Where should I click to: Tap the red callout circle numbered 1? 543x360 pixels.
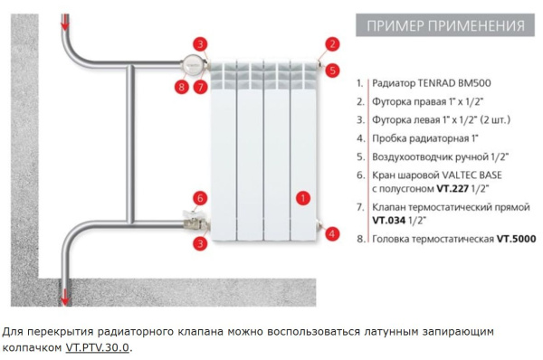304,196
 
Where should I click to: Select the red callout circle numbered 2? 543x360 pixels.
331,43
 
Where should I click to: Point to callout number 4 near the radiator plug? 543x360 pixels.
331,234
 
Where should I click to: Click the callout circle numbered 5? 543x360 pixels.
331,70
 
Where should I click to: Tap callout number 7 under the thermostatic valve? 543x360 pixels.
201,87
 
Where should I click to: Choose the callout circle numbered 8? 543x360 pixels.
182,87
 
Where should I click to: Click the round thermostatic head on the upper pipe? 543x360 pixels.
192,64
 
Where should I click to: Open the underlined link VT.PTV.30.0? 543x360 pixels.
98,347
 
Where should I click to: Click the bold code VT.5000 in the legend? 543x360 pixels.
513,240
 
